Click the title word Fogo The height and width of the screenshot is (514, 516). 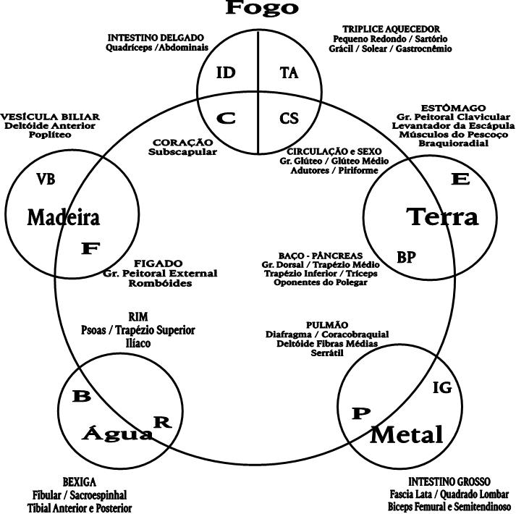[x=262, y=9]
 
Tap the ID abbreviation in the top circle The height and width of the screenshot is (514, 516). [x=227, y=73]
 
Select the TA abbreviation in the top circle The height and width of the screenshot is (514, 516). [x=289, y=72]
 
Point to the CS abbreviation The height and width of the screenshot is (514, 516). [x=289, y=118]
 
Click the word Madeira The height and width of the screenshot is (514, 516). [x=63, y=216]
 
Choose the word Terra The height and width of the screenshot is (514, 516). [x=442, y=216]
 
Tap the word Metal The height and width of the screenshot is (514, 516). [x=406, y=434]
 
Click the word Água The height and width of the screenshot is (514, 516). [x=117, y=434]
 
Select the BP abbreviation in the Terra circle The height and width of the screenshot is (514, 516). [x=406, y=257]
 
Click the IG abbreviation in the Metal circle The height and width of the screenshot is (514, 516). [x=441, y=388]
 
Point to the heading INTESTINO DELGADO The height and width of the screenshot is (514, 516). [x=156, y=37]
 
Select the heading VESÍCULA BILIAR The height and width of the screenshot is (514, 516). [x=50, y=117]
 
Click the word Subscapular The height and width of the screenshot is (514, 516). [x=182, y=152]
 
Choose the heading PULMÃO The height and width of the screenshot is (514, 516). [x=328, y=325]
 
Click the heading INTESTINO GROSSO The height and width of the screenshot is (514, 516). [x=449, y=481]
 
